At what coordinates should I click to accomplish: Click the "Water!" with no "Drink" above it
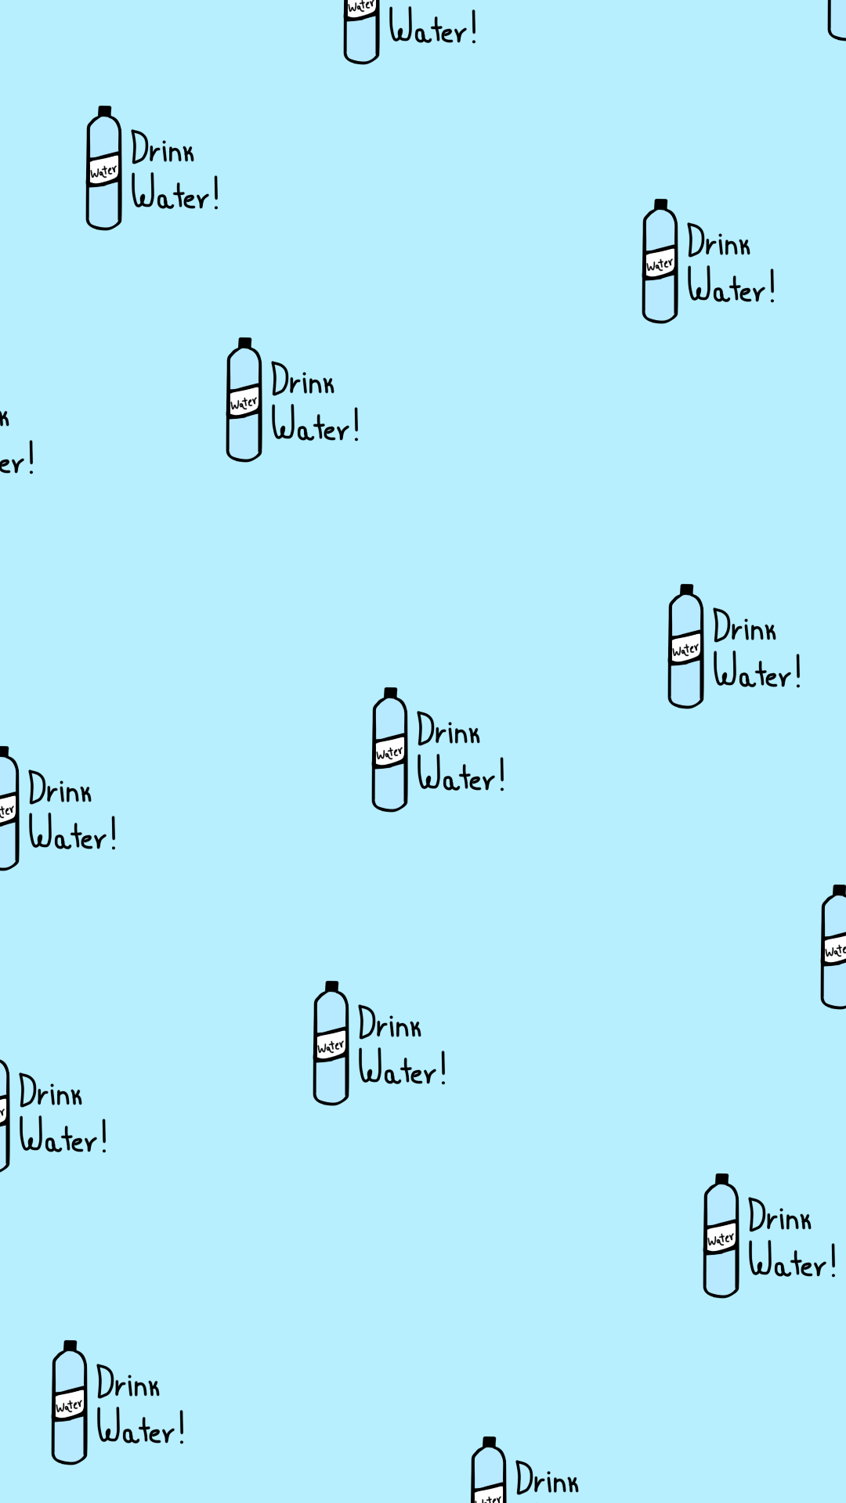pos(432,28)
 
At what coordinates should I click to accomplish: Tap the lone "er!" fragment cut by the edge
pos(16,460)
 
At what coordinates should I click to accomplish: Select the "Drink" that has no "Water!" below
pos(547,1480)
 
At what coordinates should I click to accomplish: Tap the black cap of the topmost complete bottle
pos(104,111)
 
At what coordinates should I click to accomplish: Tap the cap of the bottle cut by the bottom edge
pos(489,1442)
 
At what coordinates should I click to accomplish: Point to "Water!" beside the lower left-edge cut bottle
pos(63,1137)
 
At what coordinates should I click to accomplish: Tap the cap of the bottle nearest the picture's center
pos(390,693)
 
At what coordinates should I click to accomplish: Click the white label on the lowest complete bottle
pos(69,1405)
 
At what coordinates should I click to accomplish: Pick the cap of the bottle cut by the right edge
pos(839,890)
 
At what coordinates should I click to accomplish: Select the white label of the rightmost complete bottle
pos(721,1238)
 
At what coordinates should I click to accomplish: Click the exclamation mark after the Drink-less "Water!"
pos(474,28)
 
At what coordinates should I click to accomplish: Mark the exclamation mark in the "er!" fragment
pos(31,458)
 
